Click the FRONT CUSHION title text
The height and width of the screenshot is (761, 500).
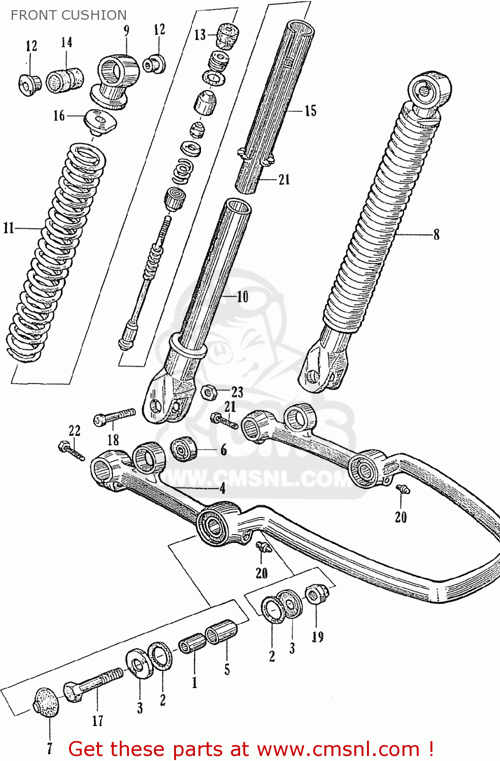69,15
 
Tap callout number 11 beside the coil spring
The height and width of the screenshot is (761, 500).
9,228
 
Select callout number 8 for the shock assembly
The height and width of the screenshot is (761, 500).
436,234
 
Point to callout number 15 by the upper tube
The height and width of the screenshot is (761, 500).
310,111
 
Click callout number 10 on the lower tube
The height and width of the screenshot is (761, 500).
243,296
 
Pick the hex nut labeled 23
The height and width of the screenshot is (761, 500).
209,392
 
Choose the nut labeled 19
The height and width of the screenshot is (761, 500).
316,594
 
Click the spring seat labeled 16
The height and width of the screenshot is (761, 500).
100,121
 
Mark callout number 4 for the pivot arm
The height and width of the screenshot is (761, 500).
222,489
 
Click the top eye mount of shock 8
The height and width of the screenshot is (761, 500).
429,90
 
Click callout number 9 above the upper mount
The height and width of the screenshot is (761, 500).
126,30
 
